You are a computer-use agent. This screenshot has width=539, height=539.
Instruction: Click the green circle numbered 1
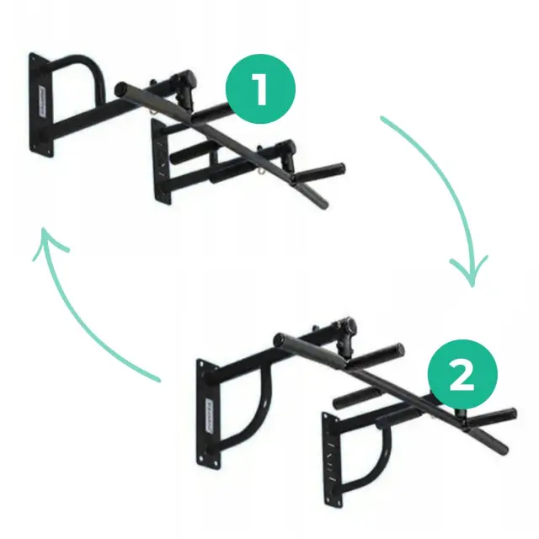260,88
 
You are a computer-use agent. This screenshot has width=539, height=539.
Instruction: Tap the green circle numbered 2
462,374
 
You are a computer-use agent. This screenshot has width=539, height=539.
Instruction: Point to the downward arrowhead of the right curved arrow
471,271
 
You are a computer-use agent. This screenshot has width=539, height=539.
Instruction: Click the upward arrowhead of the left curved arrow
48,243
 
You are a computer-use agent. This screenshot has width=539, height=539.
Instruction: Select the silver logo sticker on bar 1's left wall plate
43,103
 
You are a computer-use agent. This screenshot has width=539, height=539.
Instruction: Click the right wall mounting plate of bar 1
161,162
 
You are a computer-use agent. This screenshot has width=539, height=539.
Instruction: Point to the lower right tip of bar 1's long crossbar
323,205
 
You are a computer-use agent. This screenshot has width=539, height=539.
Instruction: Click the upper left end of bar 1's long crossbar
121,89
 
